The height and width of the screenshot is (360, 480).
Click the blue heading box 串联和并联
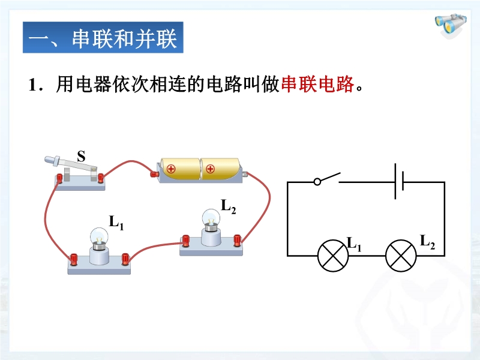[x=103, y=40]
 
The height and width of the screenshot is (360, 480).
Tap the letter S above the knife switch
[x=81, y=157]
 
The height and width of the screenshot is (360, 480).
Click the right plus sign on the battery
[x=210, y=169]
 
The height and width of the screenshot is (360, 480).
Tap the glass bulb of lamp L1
[x=98, y=235]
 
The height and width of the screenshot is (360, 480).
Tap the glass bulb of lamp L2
[x=211, y=217]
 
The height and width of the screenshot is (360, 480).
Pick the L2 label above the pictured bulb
[x=229, y=206]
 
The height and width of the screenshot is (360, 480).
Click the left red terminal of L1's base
[x=74, y=259]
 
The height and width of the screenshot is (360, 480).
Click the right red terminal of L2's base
[x=238, y=239]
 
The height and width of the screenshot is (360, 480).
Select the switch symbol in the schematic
[x=327, y=178]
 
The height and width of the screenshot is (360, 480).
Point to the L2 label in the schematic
[x=427, y=242]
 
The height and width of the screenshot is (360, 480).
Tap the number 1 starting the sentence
[x=32, y=85]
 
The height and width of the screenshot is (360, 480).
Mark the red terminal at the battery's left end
[x=154, y=174]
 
